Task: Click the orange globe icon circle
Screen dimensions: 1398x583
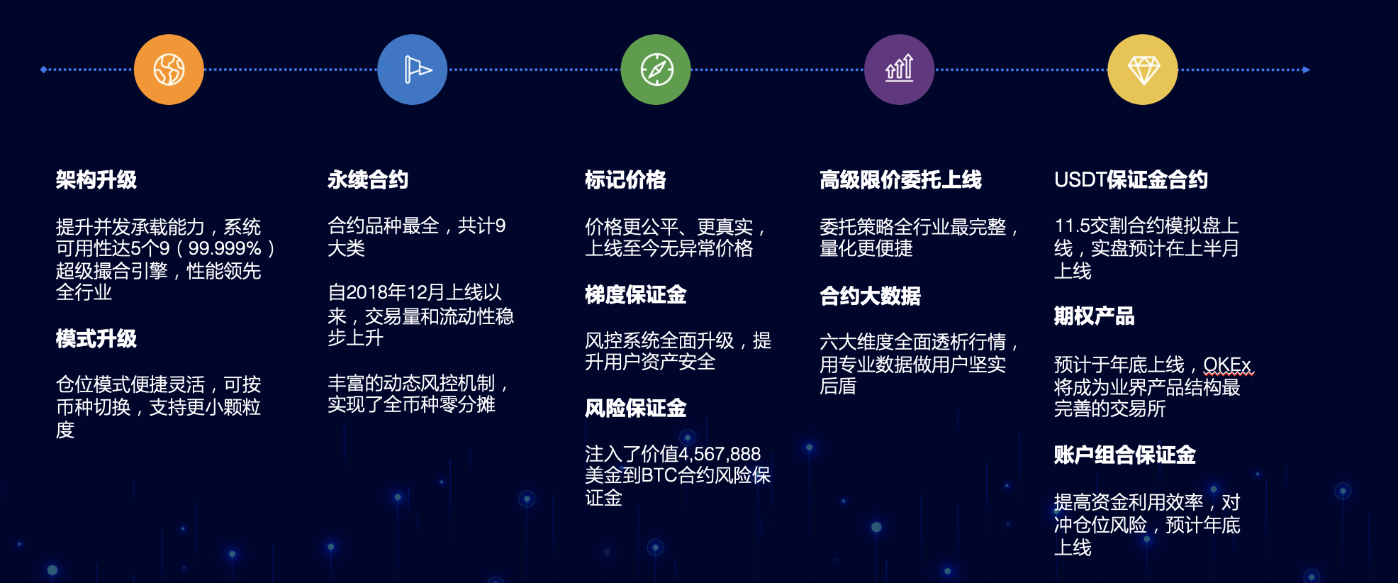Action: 169,70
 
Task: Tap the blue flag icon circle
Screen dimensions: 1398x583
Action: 412,70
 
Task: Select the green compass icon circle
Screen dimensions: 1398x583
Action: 656,70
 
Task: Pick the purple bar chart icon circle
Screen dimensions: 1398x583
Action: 899,70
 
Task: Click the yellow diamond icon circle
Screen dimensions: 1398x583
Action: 1143,70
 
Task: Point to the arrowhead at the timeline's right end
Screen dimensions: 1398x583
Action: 1307,70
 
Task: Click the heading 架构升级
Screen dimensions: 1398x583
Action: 96,180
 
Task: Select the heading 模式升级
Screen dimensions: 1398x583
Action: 96,339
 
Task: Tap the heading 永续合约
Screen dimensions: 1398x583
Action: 368,180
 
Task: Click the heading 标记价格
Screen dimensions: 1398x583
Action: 625,180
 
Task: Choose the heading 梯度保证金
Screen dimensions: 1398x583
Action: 636,294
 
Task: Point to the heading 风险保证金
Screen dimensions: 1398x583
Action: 636,408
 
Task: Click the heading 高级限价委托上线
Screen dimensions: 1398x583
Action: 900,180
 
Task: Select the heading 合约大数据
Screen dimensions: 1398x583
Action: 870,296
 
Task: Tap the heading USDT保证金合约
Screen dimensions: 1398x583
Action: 1131,180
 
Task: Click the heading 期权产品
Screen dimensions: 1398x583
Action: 1094,316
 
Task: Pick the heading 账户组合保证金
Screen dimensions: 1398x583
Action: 1124,455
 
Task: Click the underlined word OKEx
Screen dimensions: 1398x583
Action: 1227,365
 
